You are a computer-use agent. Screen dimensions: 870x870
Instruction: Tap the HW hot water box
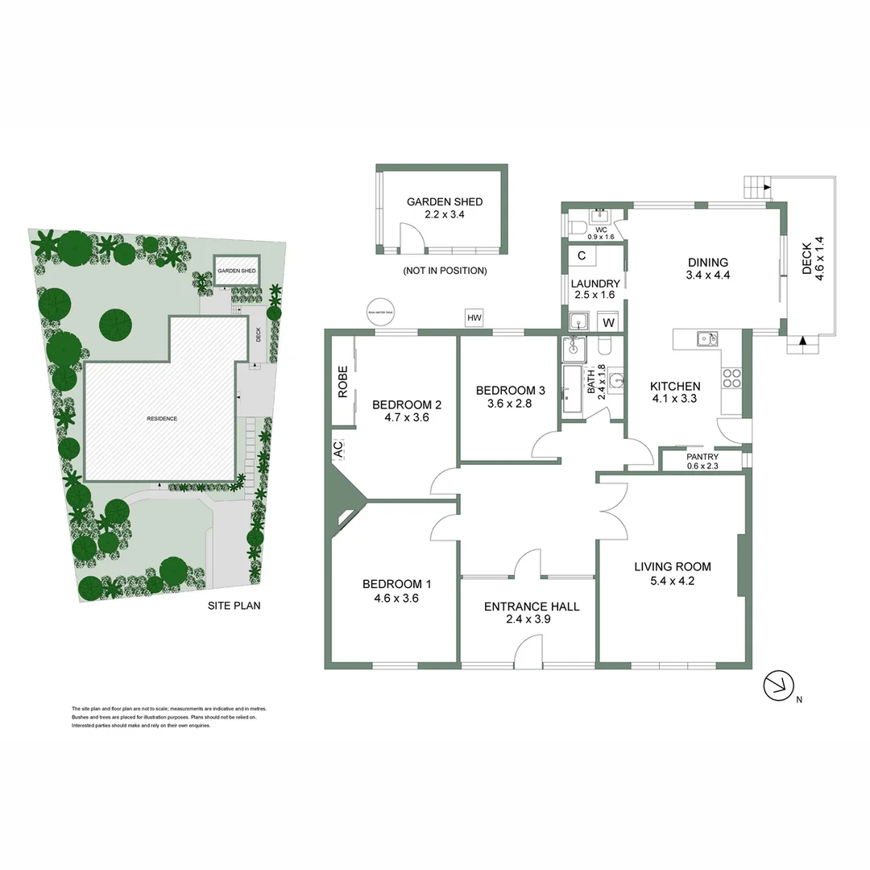474,319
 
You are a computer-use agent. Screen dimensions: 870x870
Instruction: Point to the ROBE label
342,382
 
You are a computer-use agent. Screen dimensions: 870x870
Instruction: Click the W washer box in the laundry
609,323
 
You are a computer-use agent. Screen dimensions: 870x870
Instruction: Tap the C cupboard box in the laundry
582,256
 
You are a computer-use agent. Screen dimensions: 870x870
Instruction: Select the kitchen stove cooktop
731,377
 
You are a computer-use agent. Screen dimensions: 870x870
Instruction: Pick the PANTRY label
702,457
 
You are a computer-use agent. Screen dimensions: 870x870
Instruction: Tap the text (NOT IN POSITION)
445,271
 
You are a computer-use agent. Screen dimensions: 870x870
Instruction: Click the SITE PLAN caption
234,606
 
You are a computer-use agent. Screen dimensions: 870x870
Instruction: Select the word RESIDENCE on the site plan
161,419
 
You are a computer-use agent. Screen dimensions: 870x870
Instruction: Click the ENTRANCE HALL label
531,607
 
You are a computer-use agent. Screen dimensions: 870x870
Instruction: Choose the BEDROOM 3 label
510,391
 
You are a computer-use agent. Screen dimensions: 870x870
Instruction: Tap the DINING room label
708,262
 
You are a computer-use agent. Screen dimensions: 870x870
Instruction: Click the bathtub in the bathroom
570,390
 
